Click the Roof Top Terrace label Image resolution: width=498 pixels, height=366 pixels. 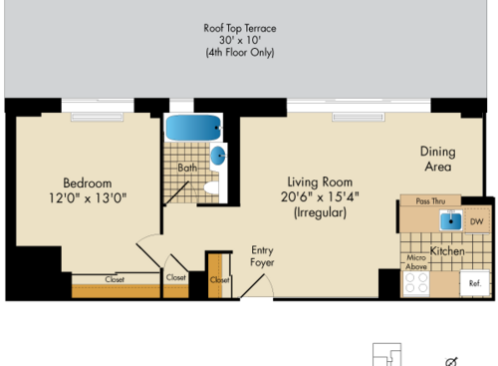248,25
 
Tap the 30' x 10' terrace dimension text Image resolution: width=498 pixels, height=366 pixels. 248,39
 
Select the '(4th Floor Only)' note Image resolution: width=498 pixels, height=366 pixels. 248,53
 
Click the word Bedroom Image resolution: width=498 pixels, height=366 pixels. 88,183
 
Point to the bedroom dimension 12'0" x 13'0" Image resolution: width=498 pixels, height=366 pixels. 88,197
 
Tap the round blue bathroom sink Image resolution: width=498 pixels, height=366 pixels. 218,155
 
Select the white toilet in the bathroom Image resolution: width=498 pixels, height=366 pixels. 211,189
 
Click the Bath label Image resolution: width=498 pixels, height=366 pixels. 187,169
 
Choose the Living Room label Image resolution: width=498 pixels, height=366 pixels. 320,182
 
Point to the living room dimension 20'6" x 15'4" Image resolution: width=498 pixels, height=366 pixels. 320,196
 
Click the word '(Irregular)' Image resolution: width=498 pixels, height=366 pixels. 320,212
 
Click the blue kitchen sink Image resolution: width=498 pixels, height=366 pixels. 451,221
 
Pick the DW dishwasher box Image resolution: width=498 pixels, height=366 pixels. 477,221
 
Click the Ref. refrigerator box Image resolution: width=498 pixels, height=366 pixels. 474,283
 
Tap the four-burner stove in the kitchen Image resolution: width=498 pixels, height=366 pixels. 415,283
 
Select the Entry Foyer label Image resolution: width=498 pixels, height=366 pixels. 262,256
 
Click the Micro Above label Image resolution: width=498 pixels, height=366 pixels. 416,262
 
